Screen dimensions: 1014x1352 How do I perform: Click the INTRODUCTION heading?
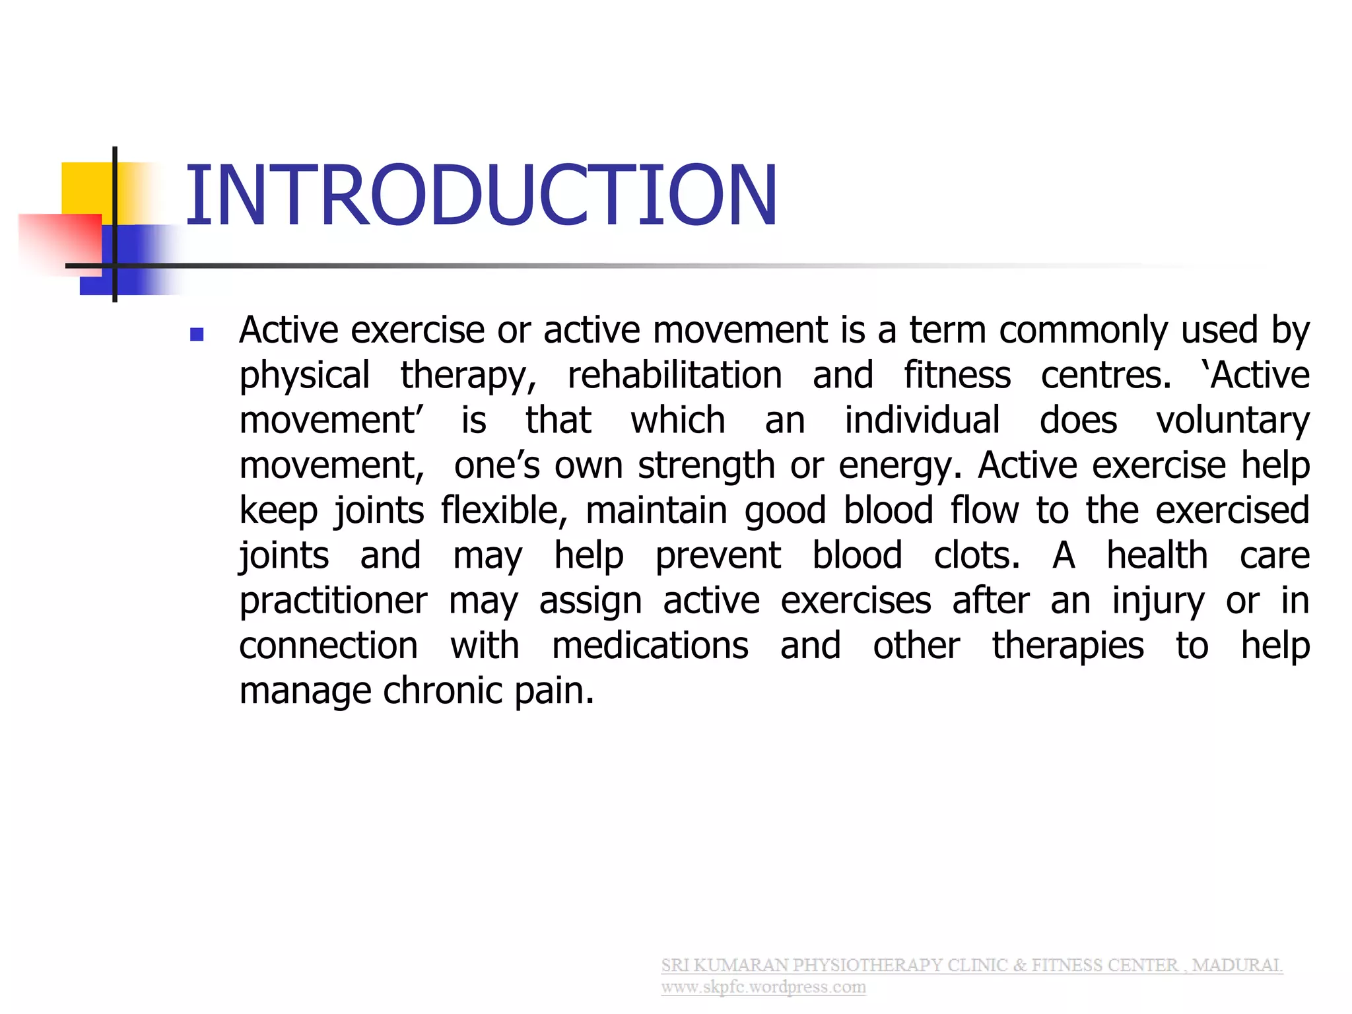pos(481,196)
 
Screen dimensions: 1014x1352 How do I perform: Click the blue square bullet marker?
pos(196,334)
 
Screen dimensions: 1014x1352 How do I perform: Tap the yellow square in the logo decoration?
pos(86,188)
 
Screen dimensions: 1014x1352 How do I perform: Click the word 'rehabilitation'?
pos(675,376)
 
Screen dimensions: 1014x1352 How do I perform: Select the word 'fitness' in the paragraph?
pos(957,376)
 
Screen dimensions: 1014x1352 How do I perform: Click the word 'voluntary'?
pos(1233,421)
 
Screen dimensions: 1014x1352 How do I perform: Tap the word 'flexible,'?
pos(504,511)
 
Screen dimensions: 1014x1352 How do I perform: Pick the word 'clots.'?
pos(977,556)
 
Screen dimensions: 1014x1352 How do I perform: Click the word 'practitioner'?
pos(333,601)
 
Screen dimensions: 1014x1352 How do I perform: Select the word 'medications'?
pos(650,646)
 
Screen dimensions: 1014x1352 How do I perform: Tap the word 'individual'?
pos(922,421)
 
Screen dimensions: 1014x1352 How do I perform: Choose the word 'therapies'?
pos(1067,646)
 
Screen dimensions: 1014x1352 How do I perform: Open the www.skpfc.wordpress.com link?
pos(763,987)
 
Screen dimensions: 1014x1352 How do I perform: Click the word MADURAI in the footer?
pos(1236,965)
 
